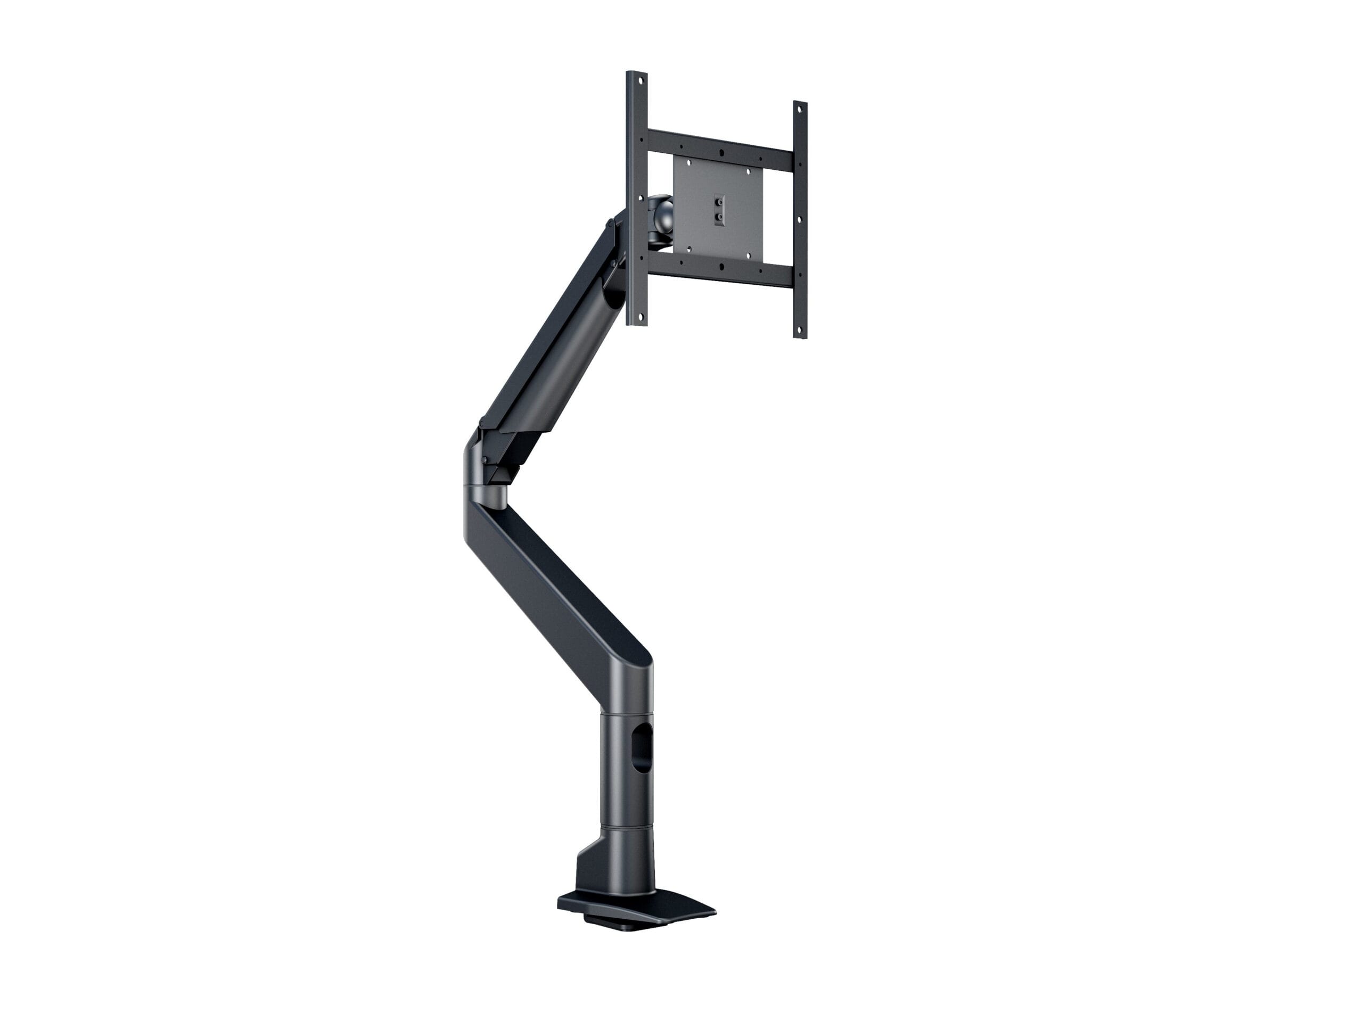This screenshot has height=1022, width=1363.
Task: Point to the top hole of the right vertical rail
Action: click(800, 109)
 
